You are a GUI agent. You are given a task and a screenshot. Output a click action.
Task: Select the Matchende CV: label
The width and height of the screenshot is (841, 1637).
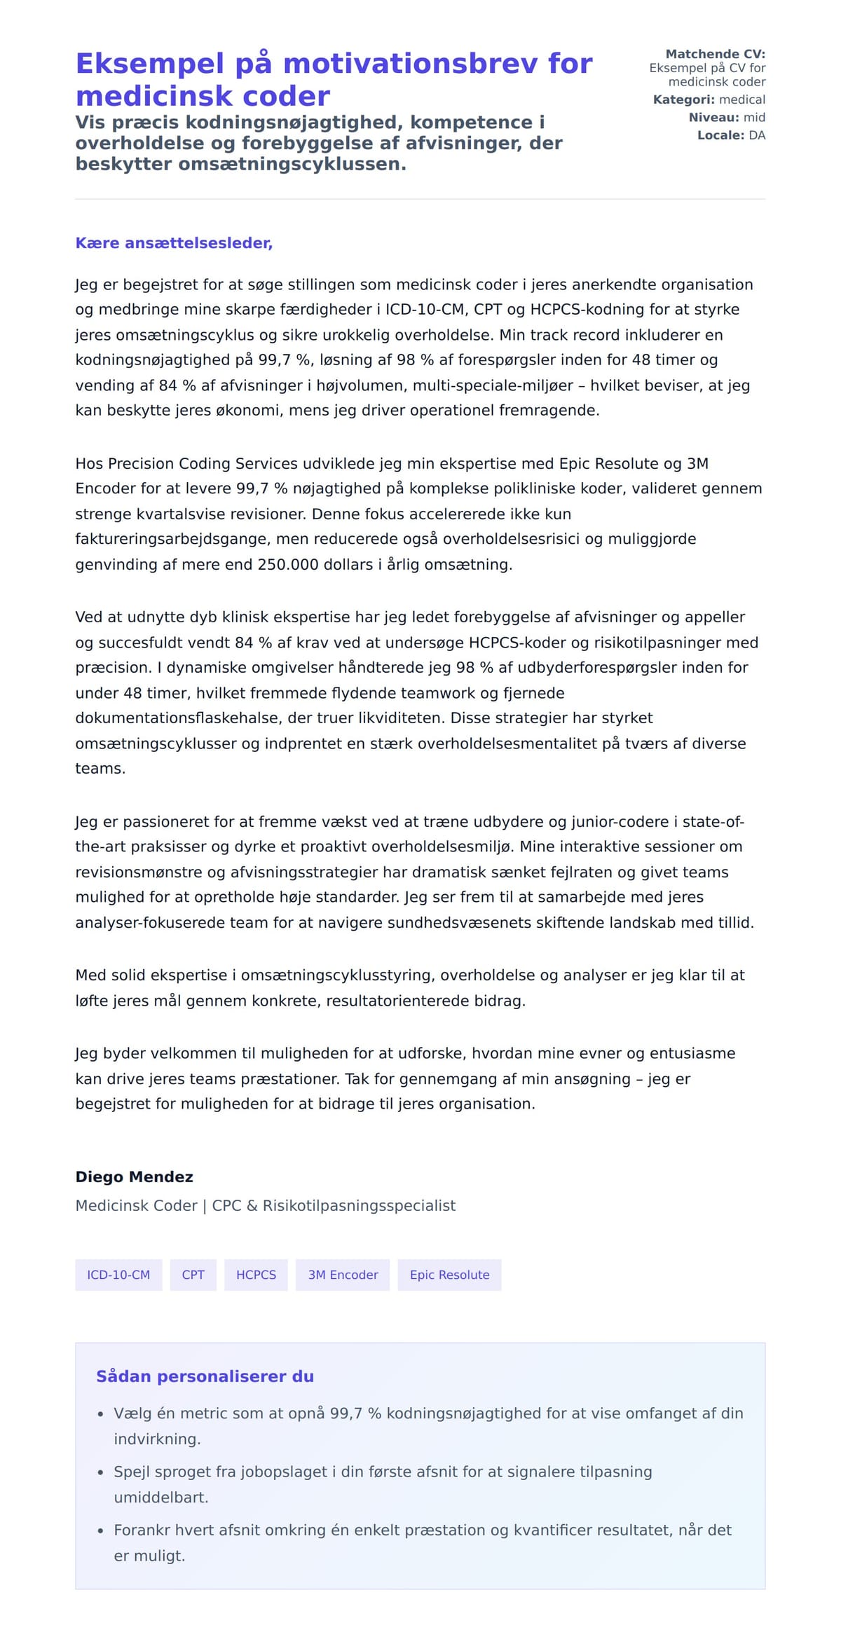pos(715,54)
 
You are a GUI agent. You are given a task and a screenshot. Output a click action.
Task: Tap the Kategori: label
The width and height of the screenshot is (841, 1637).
pos(683,100)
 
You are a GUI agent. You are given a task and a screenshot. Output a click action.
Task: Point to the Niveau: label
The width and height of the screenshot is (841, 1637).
pos(713,118)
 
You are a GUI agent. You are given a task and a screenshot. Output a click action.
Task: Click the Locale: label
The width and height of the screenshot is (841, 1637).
pos(720,135)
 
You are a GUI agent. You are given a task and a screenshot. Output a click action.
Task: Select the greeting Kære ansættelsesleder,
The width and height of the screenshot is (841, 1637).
pos(174,243)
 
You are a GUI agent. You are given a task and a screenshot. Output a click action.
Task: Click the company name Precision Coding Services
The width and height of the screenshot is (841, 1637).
pos(186,464)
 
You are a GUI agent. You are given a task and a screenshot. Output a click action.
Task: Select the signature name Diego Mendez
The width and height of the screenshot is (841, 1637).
pos(134,1177)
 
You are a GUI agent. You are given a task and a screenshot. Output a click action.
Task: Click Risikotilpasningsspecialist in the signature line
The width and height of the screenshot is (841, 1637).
pos(359,1206)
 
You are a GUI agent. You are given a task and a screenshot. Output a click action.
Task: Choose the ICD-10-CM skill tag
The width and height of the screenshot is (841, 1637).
pos(118,1275)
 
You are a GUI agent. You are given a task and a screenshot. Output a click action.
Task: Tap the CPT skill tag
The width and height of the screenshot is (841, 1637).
pos(193,1275)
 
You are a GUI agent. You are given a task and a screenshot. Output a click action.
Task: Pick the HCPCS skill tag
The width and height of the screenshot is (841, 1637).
pos(256,1275)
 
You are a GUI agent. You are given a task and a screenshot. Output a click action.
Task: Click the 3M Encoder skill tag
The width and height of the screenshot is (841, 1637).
pos(343,1275)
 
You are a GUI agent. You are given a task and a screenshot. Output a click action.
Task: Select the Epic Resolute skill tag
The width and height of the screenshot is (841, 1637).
pos(449,1275)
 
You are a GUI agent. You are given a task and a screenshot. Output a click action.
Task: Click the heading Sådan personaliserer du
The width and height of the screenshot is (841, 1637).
pos(205,1377)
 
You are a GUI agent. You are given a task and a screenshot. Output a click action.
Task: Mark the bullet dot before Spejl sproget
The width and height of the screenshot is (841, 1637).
pos(101,1473)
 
